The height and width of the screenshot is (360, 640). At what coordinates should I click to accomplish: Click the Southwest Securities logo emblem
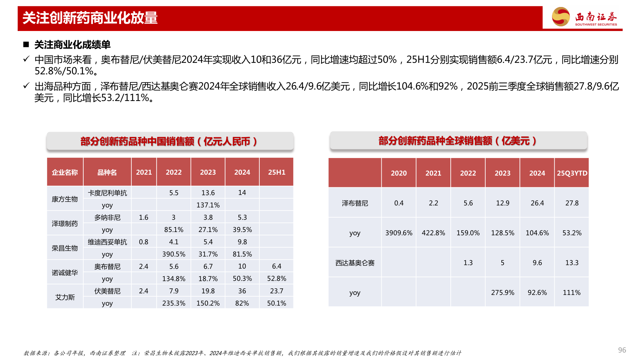(561, 17)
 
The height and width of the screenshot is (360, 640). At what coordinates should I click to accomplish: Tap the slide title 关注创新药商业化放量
(90, 18)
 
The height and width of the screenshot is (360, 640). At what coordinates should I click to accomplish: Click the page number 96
(622, 350)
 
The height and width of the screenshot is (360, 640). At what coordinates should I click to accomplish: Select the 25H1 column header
(277, 172)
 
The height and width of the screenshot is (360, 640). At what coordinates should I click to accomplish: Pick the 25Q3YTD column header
(572, 173)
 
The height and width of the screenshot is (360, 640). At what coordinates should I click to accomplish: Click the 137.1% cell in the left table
(208, 205)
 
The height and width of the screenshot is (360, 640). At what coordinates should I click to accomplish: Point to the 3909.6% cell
(399, 233)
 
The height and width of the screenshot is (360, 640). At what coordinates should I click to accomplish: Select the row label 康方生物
(65, 199)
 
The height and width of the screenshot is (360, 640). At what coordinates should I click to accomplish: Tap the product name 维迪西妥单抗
(107, 242)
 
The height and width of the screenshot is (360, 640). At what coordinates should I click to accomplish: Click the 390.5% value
(174, 254)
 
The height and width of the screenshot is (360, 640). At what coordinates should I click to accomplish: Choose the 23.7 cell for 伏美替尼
(277, 291)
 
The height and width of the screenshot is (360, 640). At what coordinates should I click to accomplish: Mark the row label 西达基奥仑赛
(355, 263)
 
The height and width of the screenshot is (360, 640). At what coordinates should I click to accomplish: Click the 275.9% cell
(503, 293)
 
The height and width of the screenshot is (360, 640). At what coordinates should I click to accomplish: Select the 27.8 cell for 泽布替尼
(572, 203)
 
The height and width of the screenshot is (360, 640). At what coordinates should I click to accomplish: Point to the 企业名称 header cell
(65, 172)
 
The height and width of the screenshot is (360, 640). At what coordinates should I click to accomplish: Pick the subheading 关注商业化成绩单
(72, 45)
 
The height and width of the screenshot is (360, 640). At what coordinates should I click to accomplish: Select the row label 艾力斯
(65, 297)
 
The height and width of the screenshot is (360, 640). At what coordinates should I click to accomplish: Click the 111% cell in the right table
(572, 293)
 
